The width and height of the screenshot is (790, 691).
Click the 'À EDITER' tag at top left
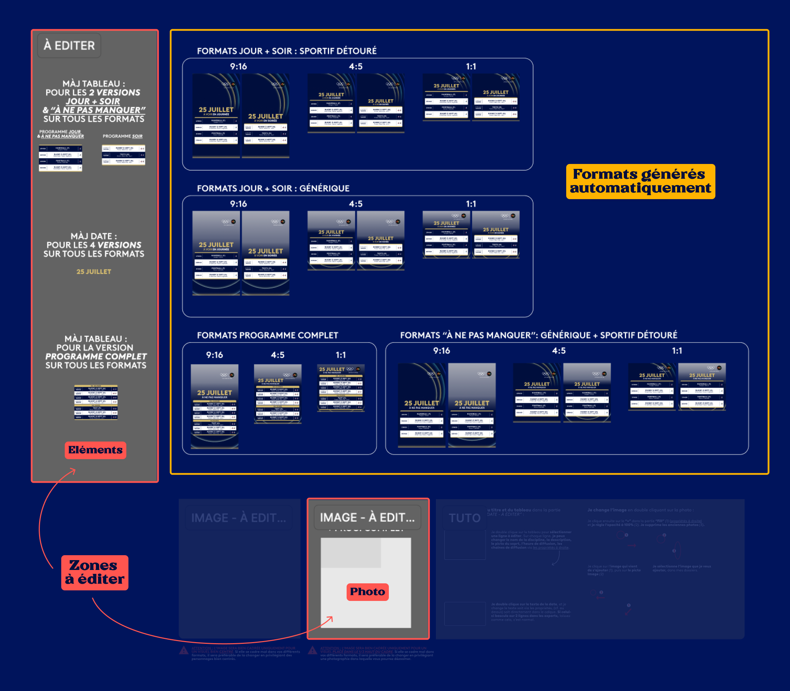69,45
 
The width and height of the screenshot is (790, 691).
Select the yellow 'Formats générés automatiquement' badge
640,181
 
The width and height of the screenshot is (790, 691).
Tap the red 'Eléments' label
95,450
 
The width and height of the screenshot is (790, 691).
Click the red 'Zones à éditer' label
95,572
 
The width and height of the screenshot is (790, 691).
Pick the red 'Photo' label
367,591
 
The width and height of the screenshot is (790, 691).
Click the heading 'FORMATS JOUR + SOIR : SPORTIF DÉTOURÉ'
286,51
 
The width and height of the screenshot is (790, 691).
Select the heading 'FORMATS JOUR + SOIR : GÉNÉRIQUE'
273,188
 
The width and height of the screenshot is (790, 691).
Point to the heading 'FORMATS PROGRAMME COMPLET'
267,335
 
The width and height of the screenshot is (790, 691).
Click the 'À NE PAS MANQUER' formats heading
538,335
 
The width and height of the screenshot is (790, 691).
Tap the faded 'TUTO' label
464,518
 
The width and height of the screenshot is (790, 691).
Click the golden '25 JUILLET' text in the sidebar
94,272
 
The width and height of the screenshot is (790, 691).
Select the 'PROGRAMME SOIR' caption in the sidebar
123,136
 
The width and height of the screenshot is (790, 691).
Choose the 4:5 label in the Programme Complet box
278,355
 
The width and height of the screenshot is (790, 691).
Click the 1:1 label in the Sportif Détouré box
471,66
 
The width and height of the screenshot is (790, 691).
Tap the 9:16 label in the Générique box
238,204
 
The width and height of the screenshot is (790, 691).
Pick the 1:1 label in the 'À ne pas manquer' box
677,350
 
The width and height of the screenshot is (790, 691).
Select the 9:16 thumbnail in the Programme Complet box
214,406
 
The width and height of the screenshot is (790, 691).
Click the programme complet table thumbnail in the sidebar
96,402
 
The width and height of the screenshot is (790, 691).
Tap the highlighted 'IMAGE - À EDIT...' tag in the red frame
367,518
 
